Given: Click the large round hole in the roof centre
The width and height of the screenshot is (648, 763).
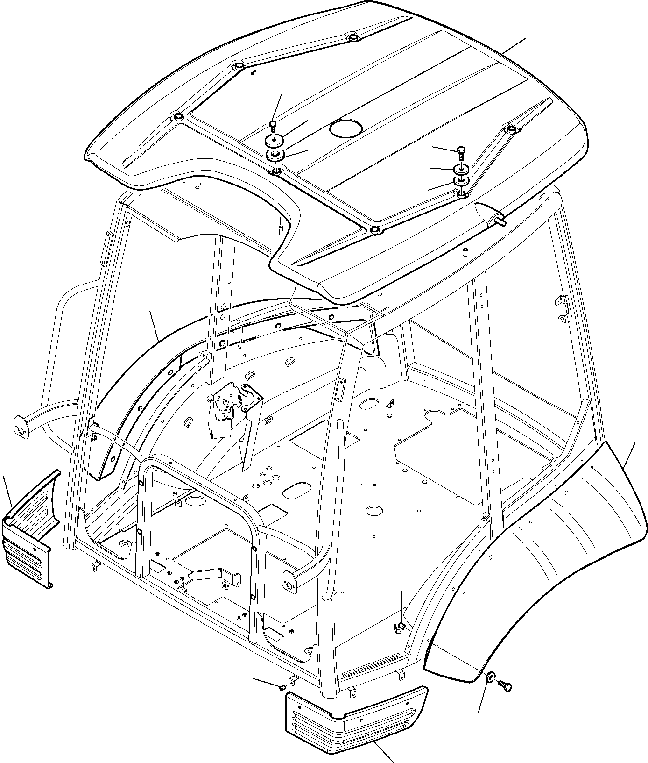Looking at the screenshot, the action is [346, 128].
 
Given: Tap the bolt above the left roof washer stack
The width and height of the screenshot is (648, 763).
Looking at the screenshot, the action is [274, 125].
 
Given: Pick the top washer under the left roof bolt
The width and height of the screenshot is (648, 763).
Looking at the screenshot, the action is [274, 140].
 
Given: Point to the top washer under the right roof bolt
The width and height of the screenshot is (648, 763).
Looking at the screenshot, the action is [461, 168].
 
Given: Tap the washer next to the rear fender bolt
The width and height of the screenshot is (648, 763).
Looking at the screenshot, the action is [490, 678].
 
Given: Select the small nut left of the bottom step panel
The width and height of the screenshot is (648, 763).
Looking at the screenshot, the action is [282, 687].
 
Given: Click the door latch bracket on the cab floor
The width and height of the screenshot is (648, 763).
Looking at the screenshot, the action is [233, 402].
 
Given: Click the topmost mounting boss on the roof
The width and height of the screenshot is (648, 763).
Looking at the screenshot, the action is [353, 36].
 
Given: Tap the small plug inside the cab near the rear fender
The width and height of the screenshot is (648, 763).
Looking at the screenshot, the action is [401, 626].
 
